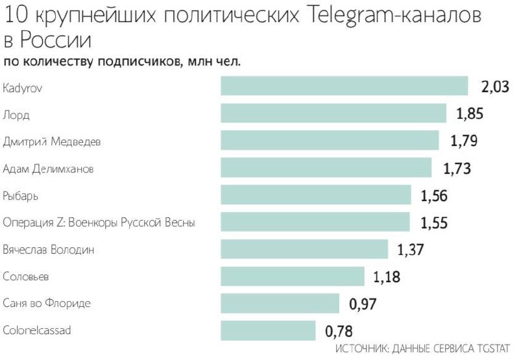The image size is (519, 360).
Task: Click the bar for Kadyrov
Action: coord(344,86)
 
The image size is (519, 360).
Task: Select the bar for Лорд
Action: coord(333,114)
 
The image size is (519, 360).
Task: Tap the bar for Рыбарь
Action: coord(316,195)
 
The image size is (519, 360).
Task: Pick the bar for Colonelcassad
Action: coord(268,331)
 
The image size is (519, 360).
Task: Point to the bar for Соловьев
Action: coord(292,276)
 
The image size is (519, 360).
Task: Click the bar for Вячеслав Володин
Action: coord(304,249)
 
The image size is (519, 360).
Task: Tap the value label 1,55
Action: coord(434,222)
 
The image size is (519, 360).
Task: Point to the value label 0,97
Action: coord(363,304)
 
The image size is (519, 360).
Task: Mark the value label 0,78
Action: coord(339,331)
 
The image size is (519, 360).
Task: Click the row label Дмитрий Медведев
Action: coord(52,141)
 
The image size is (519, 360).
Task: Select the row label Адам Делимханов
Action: coord(49,169)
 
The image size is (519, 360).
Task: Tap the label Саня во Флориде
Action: coord(47,304)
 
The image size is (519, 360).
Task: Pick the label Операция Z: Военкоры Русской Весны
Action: coord(99,222)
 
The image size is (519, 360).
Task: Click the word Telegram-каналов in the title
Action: coord(391,16)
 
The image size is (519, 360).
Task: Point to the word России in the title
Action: coord(55,40)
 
